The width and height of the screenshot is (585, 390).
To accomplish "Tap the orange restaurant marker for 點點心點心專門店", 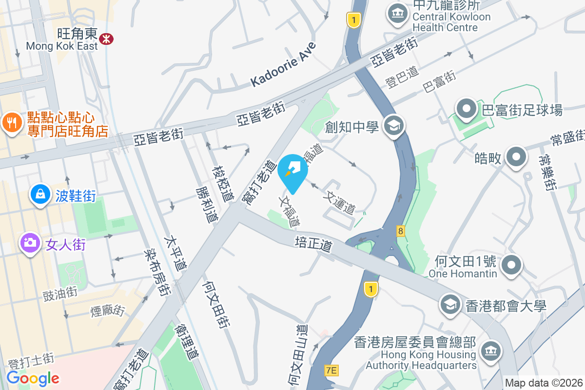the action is tap(11, 122).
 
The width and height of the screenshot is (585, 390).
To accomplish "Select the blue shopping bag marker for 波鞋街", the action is tap(40, 195).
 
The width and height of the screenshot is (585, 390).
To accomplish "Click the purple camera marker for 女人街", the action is tap(30, 242).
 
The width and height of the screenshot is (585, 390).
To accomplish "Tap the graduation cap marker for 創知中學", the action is tap(393, 126).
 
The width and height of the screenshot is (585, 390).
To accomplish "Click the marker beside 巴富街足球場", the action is tap(467, 109).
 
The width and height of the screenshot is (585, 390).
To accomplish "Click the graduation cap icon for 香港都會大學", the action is tap(450, 304).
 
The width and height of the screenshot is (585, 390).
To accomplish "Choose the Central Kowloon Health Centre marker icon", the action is tap(398, 13).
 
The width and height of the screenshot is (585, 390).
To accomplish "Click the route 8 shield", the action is tap(401, 232).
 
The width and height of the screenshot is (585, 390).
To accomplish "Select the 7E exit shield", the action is tap(331, 371).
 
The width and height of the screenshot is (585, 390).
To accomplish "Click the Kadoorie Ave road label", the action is tap(284, 64).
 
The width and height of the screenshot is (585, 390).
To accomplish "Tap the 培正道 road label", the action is tap(313, 244).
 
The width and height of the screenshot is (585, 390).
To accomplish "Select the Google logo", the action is tap(33, 378).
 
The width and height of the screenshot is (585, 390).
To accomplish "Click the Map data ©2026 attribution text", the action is tap(543, 383).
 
